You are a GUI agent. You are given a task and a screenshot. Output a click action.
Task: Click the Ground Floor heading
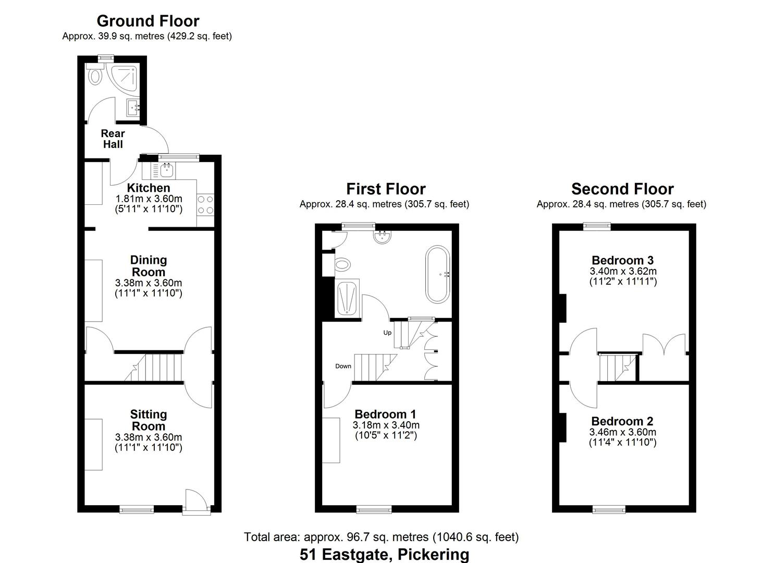pyautogui.click(x=148, y=21)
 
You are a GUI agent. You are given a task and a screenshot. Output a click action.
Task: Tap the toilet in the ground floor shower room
pyautogui.click(x=95, y=76)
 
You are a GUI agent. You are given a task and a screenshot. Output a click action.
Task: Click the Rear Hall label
pyautogui.click(x=113, y=139)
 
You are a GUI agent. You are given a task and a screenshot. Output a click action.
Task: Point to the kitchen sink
pyautogui.click(x=167, y=169)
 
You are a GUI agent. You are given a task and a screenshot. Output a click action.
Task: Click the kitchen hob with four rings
pyautogui.click(x=205, y=204)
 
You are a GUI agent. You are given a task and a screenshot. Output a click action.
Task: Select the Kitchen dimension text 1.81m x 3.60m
pyautogui.click(x=149, y=199)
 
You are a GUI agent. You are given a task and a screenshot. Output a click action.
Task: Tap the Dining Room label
pyautogui.click(x=149, y=266)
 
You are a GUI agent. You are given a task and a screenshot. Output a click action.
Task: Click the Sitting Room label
pyautogui.click(x=149, y=420)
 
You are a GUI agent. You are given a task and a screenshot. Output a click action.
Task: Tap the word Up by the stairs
pyautogui.click(x=387, y=333)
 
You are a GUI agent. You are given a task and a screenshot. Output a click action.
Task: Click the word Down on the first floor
pyautogui.click(x=343, y=366)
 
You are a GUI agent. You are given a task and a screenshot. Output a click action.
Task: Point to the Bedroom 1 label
pyautogui.click(x=386, y=414)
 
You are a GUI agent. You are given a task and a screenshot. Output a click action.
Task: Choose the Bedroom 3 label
pyautogui.click(x=622, y=260)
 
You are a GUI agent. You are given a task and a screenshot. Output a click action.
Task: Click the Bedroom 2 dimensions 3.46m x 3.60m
pyautogui.click(x=622, y=432)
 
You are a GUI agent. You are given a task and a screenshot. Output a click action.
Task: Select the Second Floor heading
pyautogui.click(x=622, y=189)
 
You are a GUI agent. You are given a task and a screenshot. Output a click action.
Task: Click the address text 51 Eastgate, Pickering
pyautogui.click(x=384, y=554)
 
